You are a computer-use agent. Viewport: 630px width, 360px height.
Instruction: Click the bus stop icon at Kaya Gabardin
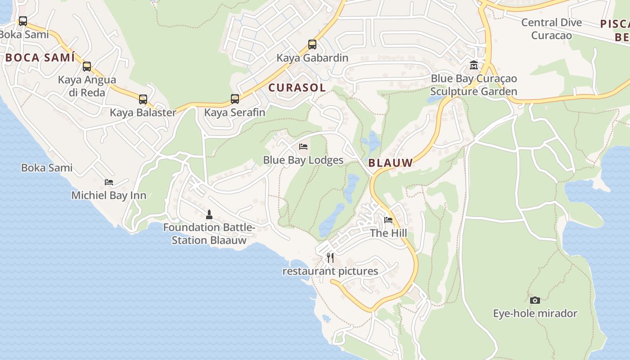pos(312,45)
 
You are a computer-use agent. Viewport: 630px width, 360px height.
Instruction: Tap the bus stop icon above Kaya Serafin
pos(235,99)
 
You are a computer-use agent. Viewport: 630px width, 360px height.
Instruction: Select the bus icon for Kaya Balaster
pos(143,99)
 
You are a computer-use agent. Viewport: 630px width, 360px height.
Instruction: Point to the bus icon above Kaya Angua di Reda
pos(87,67)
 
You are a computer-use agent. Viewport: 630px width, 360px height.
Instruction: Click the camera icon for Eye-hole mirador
pos(535,300)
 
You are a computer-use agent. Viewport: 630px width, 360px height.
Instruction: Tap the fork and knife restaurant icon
pos(330,258)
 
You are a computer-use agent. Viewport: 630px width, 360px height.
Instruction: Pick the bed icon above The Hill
pos(388,220)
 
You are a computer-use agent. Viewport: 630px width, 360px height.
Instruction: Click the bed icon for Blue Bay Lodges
pos(303,147)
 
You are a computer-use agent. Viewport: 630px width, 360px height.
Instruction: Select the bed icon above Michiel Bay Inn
pos(109,182)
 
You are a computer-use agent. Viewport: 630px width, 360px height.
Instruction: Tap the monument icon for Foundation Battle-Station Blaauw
pos(209,214)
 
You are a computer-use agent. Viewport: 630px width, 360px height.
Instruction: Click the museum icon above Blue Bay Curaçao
pos(474,65)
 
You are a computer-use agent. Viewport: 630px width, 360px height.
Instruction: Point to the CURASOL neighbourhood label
pos(297,88)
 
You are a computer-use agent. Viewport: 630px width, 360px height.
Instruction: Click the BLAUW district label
pos(391,163)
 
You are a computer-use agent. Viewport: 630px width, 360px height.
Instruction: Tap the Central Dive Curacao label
pos(551,29)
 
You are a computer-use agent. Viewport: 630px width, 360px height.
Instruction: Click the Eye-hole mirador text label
pos(535,314)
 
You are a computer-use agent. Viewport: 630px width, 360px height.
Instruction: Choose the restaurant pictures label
pos(330,271)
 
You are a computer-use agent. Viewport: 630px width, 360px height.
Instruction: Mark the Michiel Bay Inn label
pos(109,195)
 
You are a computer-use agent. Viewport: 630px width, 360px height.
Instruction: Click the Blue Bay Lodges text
pos(303,160)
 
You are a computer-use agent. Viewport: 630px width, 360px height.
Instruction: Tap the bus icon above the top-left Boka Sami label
pos(22,21)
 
